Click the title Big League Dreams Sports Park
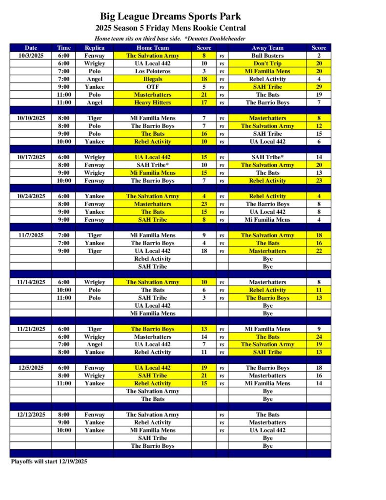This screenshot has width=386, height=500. click(170, 17)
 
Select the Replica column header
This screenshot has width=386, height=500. click(94, 48)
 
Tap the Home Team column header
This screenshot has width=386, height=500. click(152, 48)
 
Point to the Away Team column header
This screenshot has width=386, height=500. click(267, 48)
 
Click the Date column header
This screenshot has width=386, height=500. click(31, 48)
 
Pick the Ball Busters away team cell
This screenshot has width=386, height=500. click(267, 56)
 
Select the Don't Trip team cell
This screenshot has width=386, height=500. click(267, 63)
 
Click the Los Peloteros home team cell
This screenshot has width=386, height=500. click(152, 71)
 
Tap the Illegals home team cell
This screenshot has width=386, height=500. click(152, 79)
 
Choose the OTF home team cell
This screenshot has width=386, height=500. click(152, 87)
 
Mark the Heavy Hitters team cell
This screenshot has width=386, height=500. click(152, 103)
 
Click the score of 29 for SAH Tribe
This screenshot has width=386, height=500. click(319, 87)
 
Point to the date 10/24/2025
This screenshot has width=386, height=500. click(31, 196)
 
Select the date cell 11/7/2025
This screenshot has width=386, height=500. click(31, 235)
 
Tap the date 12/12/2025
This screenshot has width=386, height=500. click(31, 415)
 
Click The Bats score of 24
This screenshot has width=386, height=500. click(319, 337)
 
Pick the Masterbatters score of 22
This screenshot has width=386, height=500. click(319, 251)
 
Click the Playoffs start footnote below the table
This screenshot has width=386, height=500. click(49, 461)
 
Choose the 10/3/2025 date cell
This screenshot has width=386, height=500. click(31, 56)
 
